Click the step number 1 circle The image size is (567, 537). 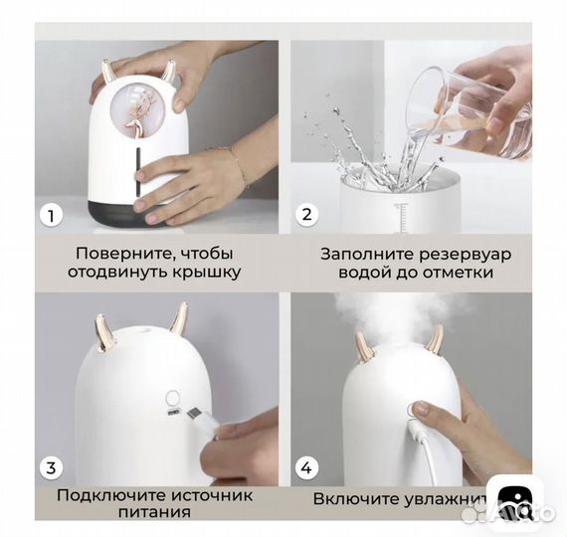(x=50, y=214)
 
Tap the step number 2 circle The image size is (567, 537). (x=307, y=215)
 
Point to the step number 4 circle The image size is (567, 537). (x=307, y=466)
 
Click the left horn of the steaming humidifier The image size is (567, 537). (x=364, y=345)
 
